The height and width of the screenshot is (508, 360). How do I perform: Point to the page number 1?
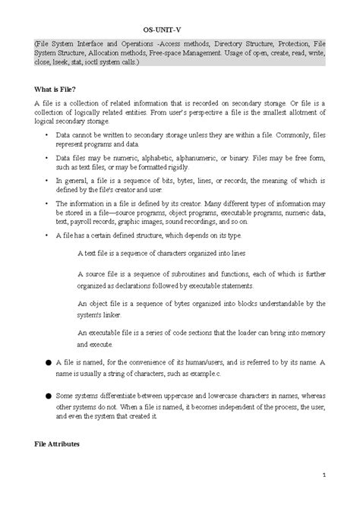click(x=323, y=476)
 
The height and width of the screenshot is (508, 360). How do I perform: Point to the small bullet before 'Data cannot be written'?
click(x=46, y=134)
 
